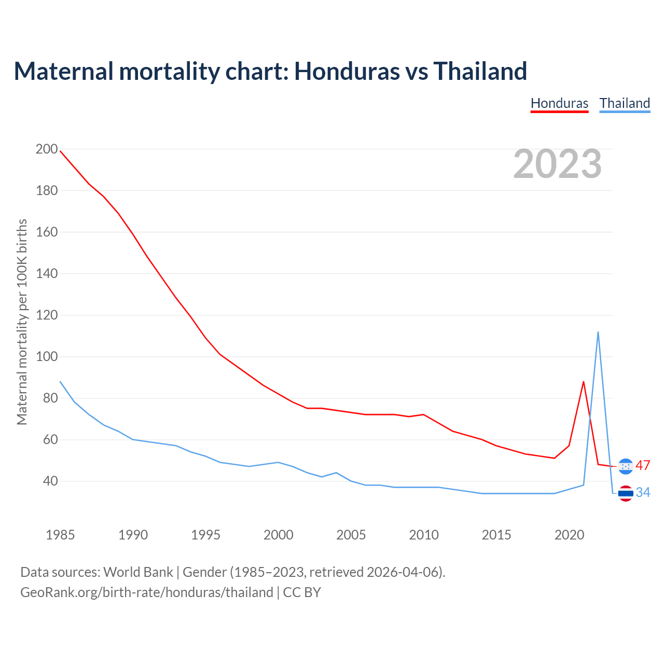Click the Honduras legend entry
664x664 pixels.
coord(559,103)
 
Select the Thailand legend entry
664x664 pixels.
coord(625,103)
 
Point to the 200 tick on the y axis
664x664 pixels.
coord(47,149)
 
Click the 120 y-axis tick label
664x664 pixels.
coord(47,315)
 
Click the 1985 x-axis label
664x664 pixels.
coord(60,535)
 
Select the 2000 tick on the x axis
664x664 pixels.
coord(279,535)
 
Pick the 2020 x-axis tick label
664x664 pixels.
coord(569,535)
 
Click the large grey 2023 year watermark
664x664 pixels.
coord(557,164)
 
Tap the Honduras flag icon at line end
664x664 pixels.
coord(626,466)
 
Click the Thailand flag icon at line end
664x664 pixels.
coord(626,493)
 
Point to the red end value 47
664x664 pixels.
coord(643,466)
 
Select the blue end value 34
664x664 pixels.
coord(643,493)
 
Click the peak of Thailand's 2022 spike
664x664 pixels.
coord(598,332)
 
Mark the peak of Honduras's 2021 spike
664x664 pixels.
coord(584,382)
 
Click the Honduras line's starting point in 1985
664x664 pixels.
coord(60,151)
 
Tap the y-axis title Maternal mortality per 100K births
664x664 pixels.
coord(22,322)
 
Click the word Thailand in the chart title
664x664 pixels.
coord(480,71)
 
